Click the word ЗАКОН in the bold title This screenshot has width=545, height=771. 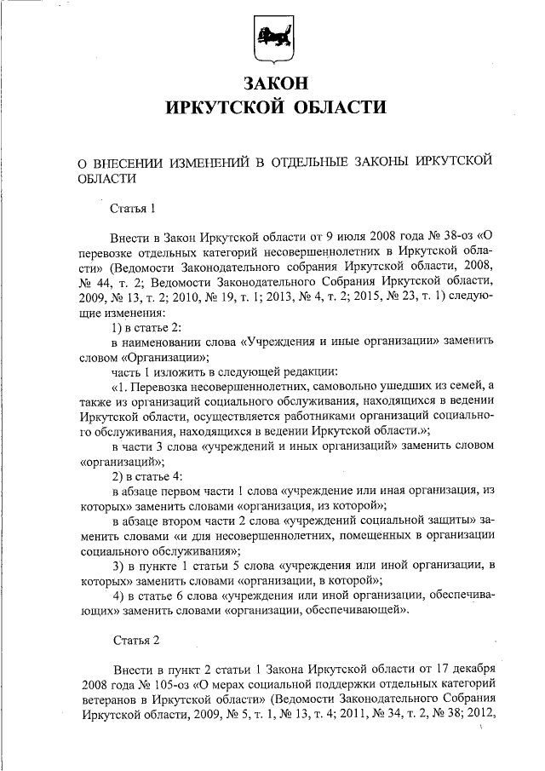click(x=272, y=83)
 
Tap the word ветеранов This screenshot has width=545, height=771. click(x=106, y=699)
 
